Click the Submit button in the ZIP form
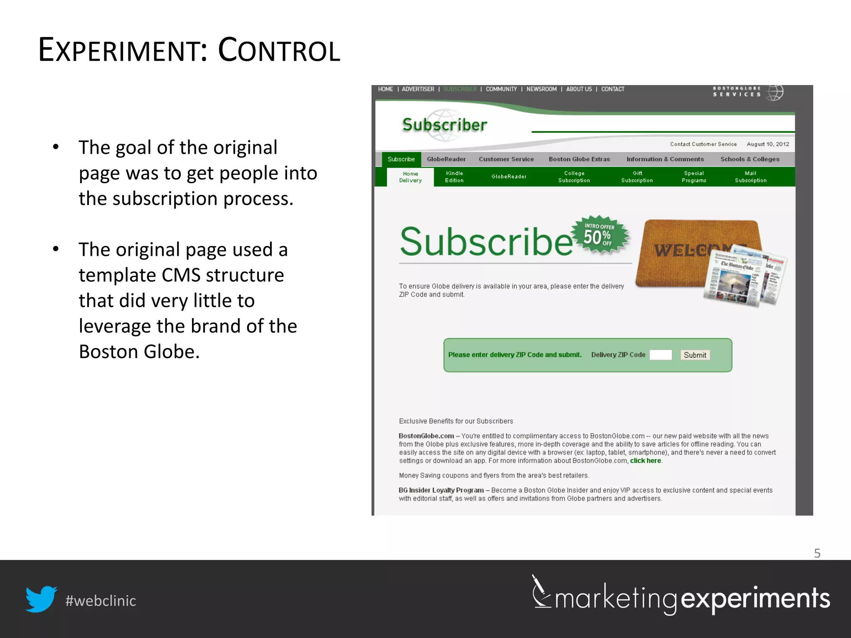click(695, 355)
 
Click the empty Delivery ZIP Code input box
click(660, 355)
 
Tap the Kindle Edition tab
click(454, 177)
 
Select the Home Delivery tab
click(410, 177)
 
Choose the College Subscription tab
click(574, 177)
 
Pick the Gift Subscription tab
click(637, 177)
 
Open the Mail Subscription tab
click(750, 177)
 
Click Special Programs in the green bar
click(694, 177)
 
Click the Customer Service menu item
click(506, 159)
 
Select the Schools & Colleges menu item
click(750, 159)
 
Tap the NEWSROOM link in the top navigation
click(541, 89)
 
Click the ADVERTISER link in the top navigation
click(418, 89)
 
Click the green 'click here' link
click(645, 461)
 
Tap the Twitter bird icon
click(41, 599)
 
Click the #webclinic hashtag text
click(101, 601)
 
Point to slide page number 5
click(817, 553)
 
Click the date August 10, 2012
click(767, 144)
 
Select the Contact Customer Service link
click(703, 144)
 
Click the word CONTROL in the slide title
click(279, 50)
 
